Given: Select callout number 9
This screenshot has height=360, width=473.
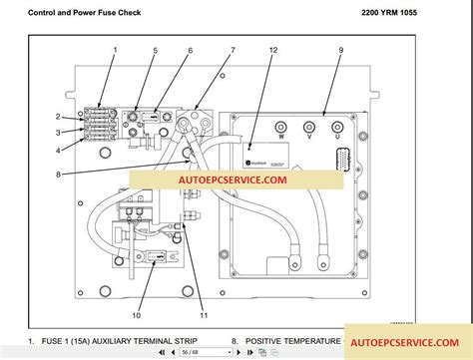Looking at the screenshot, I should [340, 49].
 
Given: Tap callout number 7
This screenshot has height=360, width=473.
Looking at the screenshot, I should [233, 49].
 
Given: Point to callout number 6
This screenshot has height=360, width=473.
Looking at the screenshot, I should [190, 49].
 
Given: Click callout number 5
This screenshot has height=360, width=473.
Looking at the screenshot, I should [155, 49].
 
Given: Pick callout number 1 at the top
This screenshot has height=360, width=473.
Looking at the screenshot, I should [115, 49].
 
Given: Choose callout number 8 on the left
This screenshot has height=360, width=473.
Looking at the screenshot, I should [59, 175].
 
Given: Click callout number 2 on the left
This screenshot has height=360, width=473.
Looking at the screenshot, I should [59, 117].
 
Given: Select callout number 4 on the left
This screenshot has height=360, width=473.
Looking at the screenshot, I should [59, 151].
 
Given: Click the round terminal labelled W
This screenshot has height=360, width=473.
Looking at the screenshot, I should [281, 127].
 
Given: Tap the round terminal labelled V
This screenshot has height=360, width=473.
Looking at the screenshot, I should [309, 127].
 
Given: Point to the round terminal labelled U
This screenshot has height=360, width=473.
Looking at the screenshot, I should [338, 127].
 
